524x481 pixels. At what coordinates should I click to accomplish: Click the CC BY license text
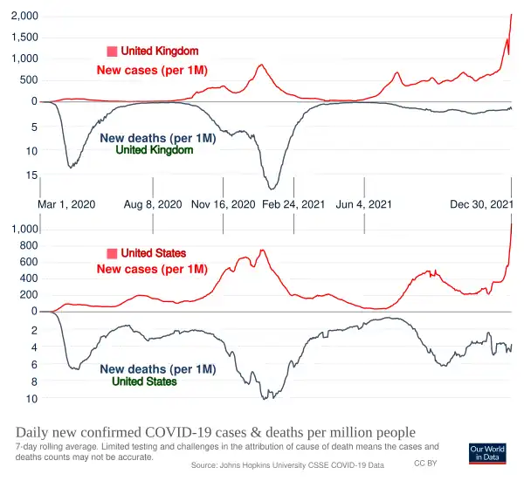(x=425, y=462)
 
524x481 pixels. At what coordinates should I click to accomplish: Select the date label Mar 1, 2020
(x=66, y=204)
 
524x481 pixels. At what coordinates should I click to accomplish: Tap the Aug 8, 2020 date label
(x=153, y=204)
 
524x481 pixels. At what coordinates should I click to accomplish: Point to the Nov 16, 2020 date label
(x=224, y=204)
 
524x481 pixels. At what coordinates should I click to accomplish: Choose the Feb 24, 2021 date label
(x=293, y=204)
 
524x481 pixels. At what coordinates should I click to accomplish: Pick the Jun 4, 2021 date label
(x=363, y=204)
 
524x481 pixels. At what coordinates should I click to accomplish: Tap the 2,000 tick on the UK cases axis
(x=24, y=17)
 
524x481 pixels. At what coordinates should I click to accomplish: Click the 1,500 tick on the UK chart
(x=24, y=38)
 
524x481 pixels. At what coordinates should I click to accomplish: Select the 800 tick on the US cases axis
(x=27, y=245)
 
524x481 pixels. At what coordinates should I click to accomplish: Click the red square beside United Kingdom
(x=112, y=52)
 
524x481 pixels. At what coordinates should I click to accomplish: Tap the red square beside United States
(x=112, y=253)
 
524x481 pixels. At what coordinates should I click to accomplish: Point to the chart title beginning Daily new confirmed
(x=216, y=433)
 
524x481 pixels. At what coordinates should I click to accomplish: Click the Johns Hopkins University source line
(x=287, y=465)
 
